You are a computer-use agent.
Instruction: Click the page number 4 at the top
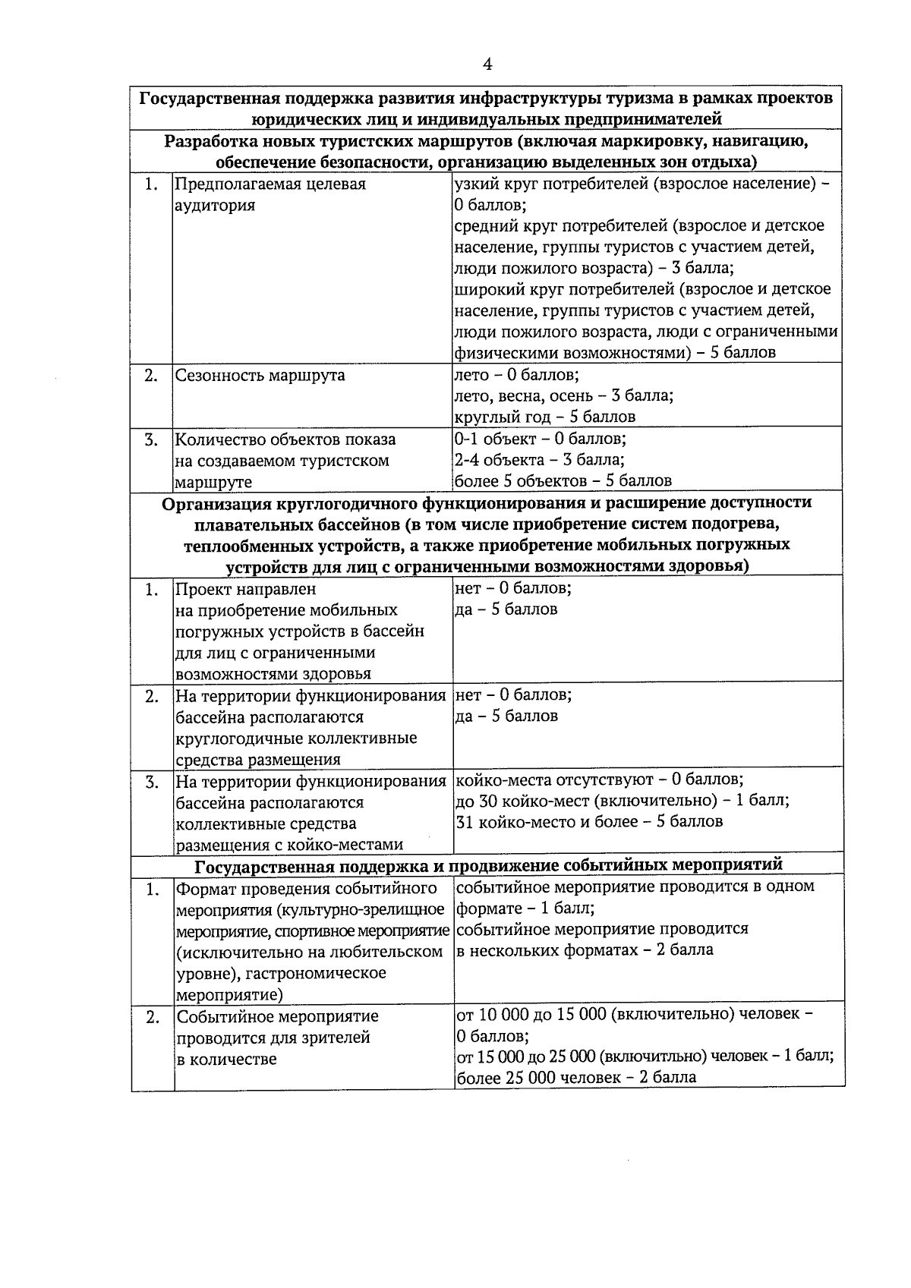(x=487, y=65)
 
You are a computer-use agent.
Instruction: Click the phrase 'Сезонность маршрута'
(x=260, y=375)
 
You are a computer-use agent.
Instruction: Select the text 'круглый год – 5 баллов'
(x=544, y=417)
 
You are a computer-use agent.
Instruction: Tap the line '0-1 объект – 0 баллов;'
(x=540, y=439)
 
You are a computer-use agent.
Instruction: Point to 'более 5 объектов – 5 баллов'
(x=563, y=481)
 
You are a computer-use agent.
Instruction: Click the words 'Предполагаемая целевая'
(x=270, y=184)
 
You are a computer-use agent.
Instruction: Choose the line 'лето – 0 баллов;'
(x=516, y=375)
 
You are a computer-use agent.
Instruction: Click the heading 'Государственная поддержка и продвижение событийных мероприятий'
(x=488, y=865)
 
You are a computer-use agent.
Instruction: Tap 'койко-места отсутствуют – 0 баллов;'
(x=598, y=779)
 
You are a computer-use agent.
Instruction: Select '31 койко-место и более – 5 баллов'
(x=588, y=822)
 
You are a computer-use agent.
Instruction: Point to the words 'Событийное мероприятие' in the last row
(x=277, y=1016)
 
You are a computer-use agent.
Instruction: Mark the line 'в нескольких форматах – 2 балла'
(x=585, y=950)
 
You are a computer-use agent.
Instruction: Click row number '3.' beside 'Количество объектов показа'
(x=152, y=439)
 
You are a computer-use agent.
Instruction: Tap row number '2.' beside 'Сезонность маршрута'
(x=152, y=375)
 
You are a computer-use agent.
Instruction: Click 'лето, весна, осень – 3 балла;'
(x=563, y=395)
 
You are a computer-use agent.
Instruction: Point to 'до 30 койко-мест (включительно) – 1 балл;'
(x=622, y=801)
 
